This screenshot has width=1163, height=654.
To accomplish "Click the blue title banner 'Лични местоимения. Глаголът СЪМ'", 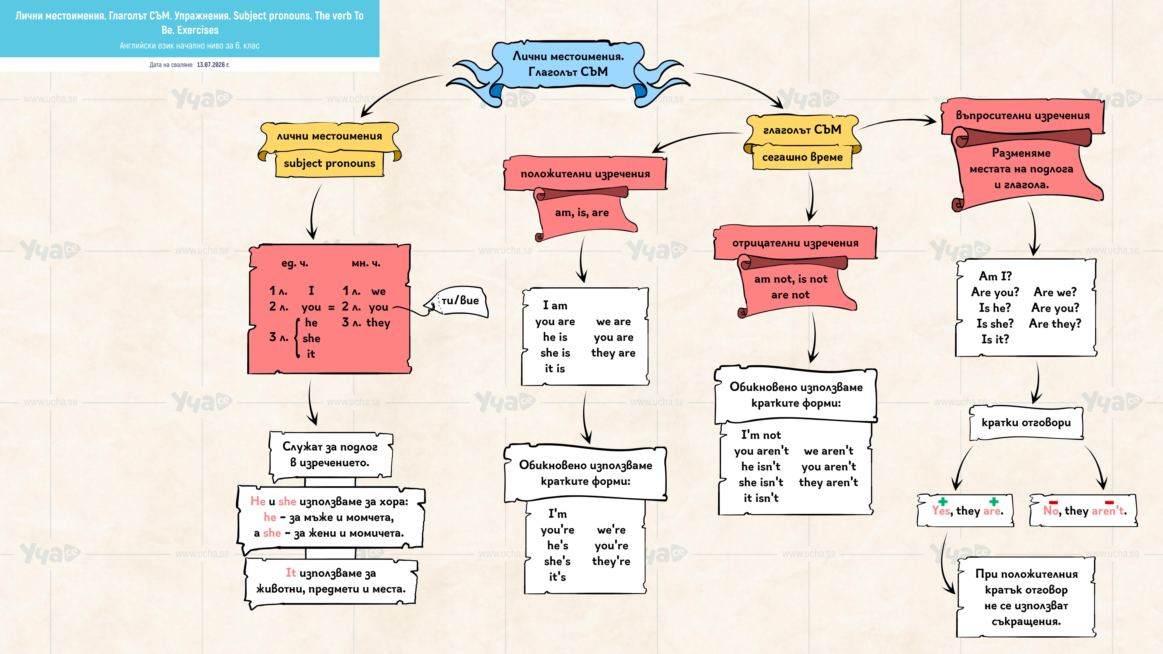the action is (x=568, y=64).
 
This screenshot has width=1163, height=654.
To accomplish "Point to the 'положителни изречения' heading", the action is (x=585, y=174).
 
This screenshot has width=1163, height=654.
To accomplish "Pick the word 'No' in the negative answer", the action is (x=1051, y=510).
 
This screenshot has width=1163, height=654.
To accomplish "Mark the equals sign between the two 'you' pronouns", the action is (x=331, y=307).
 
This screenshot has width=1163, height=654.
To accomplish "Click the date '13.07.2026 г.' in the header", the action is (x=213, y=65).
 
